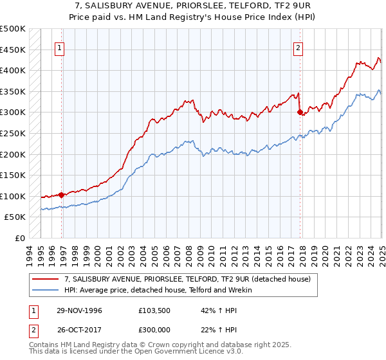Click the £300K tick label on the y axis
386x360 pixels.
13,113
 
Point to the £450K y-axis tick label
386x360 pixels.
13,50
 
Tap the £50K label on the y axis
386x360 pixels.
15,217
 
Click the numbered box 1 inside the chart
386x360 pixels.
59,47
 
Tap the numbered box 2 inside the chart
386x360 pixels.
299,47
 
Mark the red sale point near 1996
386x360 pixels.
62,195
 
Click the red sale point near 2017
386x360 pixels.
300,112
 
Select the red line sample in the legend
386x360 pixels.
45,279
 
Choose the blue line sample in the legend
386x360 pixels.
45,290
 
